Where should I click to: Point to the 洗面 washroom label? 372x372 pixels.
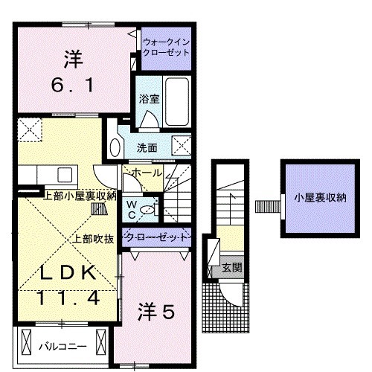tap(147, 147)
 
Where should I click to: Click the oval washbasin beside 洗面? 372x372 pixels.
tap(115, 144)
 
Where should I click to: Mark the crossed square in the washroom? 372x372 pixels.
tap(181, 146)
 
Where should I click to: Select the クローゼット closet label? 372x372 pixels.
tap(153, 238)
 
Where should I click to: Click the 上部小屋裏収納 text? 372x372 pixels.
tap(80, 196)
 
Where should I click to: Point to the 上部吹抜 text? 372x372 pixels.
tap(92, 239)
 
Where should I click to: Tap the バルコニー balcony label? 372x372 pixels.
tap(62, 347)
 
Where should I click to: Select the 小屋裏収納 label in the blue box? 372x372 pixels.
tap(320, 198)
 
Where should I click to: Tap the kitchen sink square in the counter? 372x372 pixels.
tap(63, 175)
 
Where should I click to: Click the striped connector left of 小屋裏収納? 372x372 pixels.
tap(265, 205)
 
